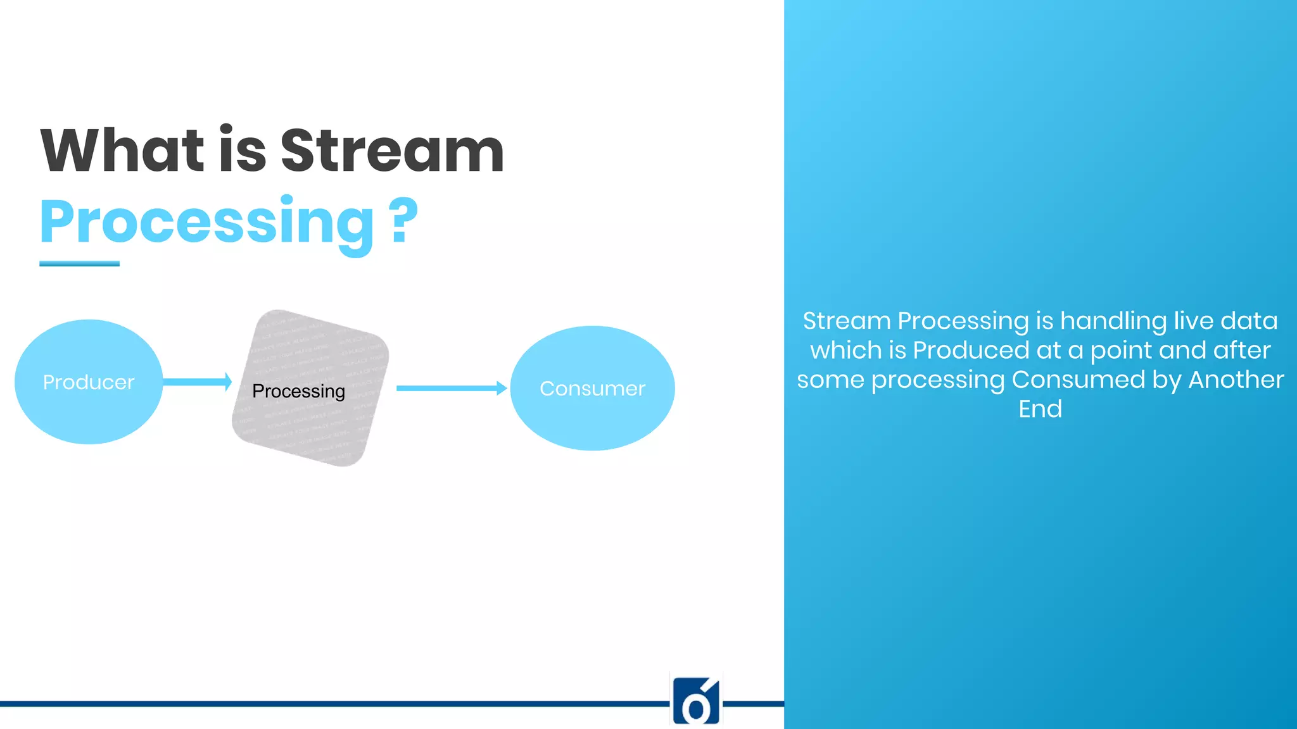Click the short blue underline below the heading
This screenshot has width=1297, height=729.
[x=79, y=263]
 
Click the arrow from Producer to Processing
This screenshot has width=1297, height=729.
[x=196, y=382]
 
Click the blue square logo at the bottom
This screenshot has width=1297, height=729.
[x=696, y=701]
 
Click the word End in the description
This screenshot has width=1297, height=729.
[x=1040, y=409]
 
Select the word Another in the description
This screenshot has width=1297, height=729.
[x=1236, y=380]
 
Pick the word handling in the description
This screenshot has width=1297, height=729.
[x=1113, y=321]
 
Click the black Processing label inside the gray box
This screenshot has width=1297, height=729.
[x=298, y=391]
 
